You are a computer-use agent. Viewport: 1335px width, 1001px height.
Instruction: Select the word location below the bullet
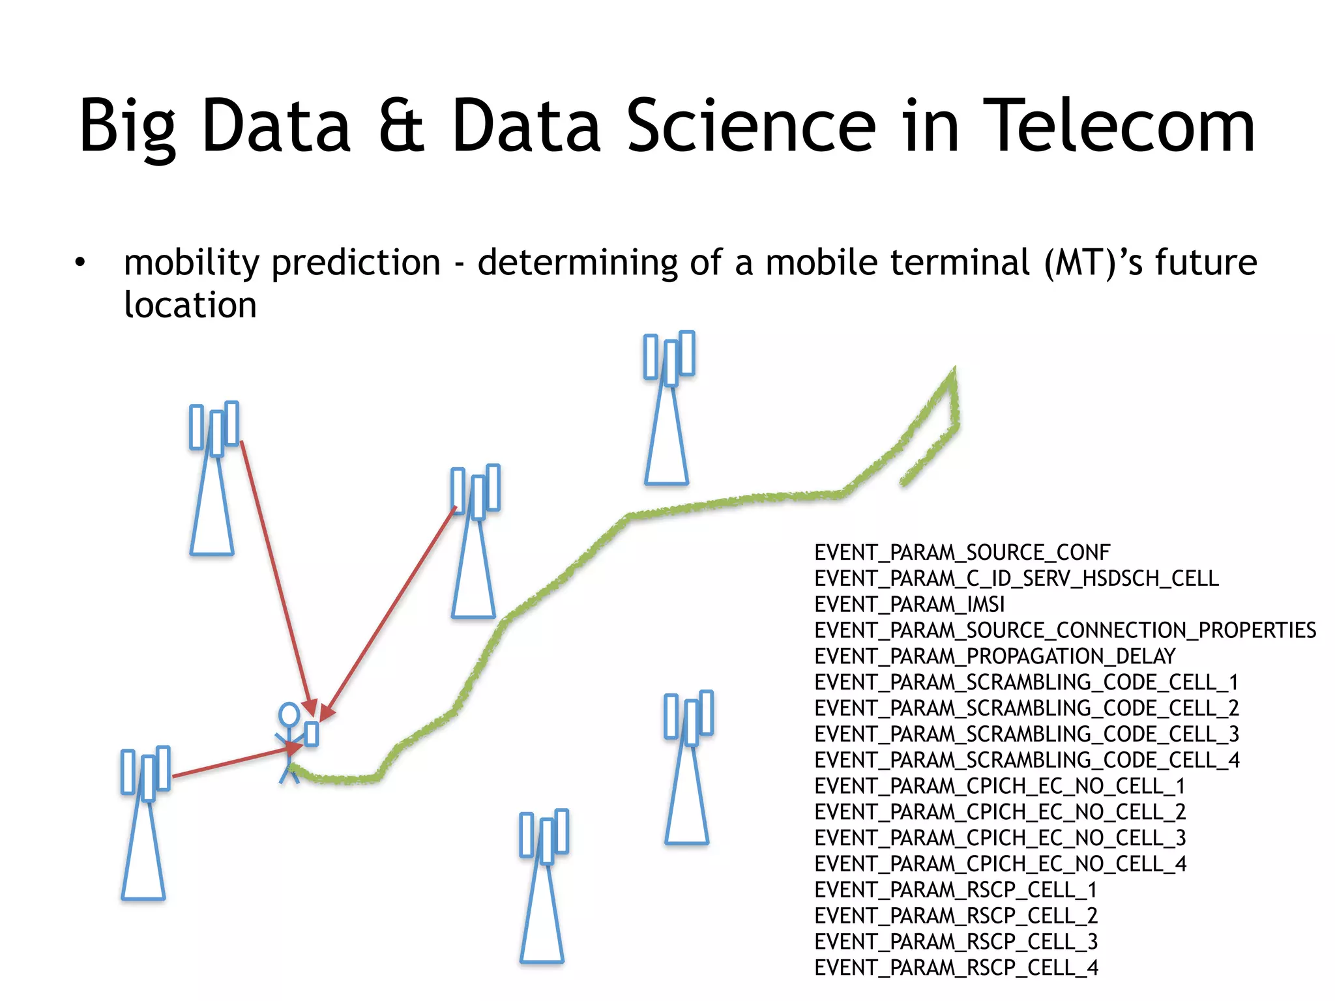pos(190,305)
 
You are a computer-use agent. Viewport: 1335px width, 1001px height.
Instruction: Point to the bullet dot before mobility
pos(80,263)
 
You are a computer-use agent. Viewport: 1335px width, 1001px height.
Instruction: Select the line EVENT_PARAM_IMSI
pos(909,604)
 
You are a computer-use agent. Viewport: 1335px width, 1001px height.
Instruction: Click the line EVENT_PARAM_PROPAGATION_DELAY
pos(995,656)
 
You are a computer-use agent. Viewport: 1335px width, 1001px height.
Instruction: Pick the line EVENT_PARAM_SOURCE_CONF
pos(962,553)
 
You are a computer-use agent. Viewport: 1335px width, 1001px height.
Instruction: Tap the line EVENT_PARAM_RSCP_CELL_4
pos(956,968)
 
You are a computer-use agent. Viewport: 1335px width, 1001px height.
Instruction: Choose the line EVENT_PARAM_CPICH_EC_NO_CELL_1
pos(1000,786)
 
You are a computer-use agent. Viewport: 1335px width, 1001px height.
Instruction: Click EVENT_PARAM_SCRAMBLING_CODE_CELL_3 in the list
pos(1027,734)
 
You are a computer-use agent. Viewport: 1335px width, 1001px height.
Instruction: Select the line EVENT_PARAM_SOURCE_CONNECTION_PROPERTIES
pos(1065,630)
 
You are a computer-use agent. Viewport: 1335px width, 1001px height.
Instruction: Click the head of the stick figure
pos(289,714)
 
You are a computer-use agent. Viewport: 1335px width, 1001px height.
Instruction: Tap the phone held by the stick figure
pos(312,734)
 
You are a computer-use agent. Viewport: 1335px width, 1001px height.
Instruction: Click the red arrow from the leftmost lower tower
pos(228,762)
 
